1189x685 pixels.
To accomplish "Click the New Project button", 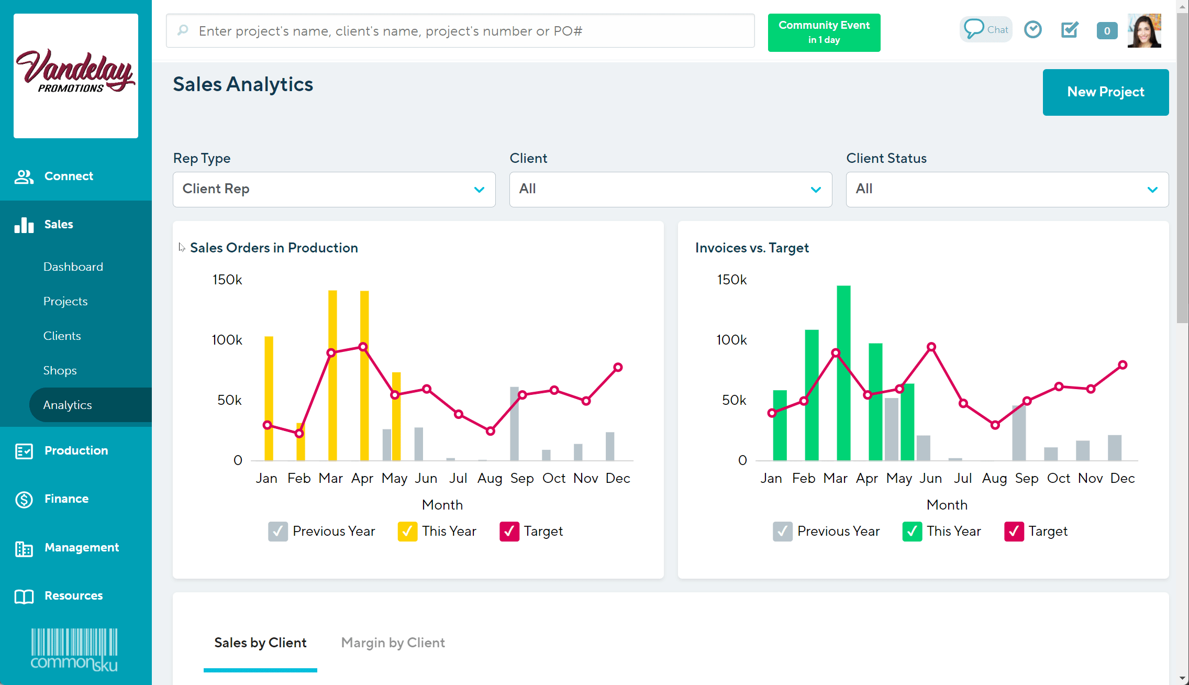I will (1105, 92).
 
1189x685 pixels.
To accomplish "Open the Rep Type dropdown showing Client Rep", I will (334, 189).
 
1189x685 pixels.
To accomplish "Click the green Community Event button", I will (824, 32).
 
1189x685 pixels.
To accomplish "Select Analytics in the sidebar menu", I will (68, 405).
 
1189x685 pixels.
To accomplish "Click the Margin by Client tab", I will (393, 643).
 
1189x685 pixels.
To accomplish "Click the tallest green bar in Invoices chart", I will (843, 377).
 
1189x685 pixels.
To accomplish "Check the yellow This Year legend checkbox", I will (407, 531).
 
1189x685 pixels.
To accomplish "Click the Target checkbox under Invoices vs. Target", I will (1014, 531).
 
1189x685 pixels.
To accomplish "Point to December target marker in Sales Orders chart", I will (618, 367).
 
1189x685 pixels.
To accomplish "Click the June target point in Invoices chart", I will (931, 347).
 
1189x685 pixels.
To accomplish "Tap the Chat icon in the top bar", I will (985, 29).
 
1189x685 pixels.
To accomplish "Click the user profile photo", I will (1144, 30).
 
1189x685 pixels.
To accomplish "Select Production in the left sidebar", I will (76, 450).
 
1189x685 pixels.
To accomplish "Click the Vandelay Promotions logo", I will (76, 76).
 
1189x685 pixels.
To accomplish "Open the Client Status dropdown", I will (1007, 189).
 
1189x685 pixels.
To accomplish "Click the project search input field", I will (461, 31).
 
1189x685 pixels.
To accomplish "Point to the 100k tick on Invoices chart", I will (731, 340).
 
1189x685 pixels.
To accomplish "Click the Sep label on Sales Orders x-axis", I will (521, 478).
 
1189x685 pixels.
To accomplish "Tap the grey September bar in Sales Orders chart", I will (514, 424).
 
